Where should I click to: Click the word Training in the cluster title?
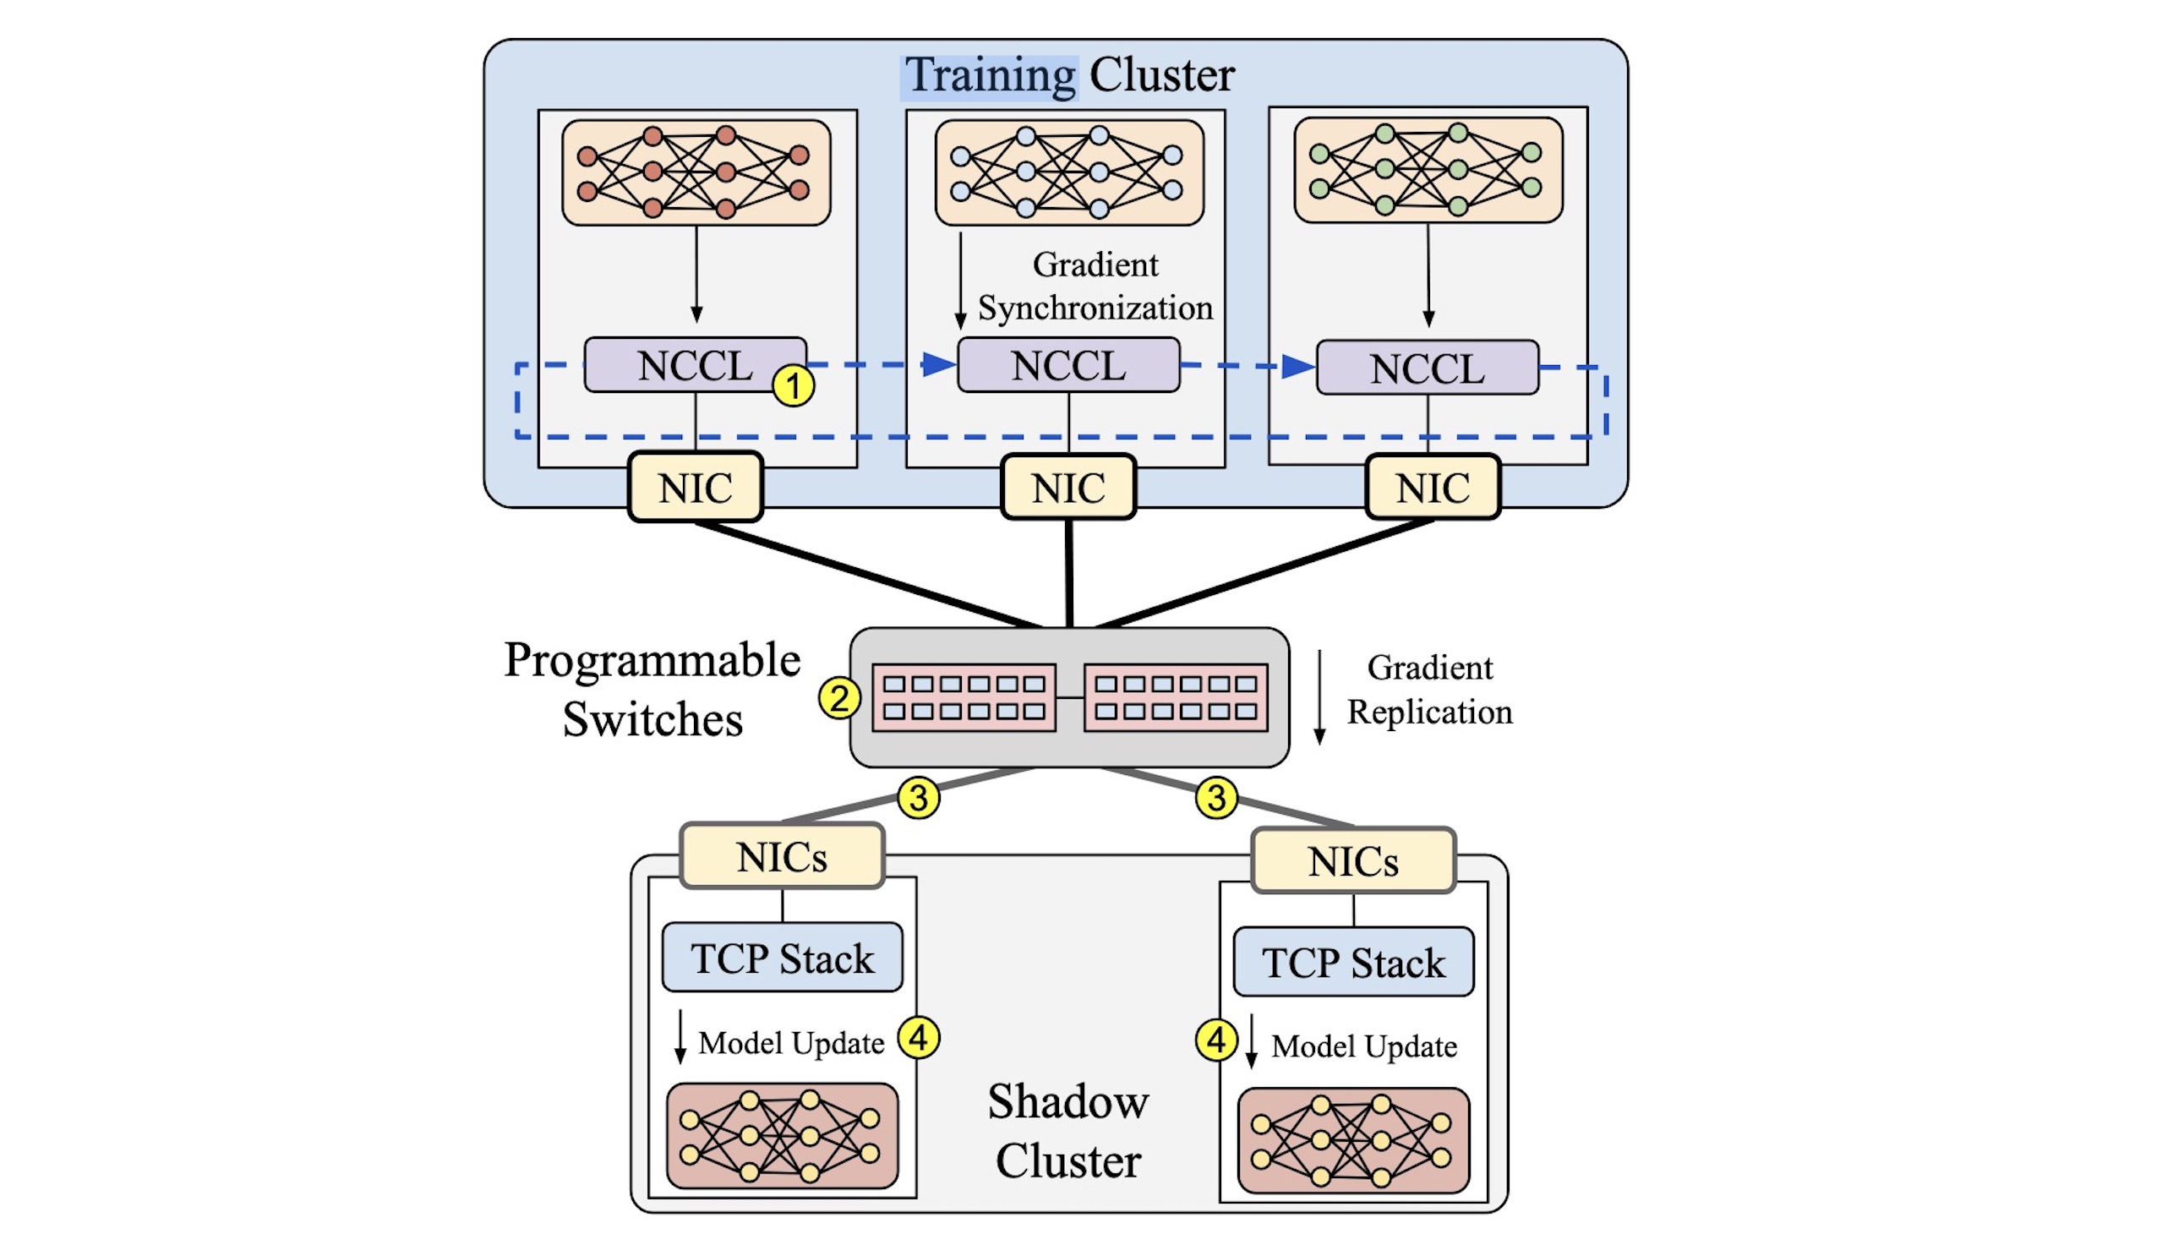coord(990,74)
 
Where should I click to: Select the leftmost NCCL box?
coord(695,365)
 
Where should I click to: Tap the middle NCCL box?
coord(1068,365)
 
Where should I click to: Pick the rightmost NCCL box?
coord(1428,368)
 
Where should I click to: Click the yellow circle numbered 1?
coord(794,386)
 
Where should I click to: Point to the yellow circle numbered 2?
coord(839,698)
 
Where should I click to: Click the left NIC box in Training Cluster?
coord(696,487)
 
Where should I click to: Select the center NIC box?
coord(1068,487)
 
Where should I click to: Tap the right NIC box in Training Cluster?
coord(1433,487)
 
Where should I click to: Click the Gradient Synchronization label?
coord(1095,286)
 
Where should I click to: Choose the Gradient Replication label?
coord(1430,690)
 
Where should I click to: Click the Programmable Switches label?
coord(652,689)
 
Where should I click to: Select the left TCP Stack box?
coord(782,958)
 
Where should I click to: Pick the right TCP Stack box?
coord(1353,962)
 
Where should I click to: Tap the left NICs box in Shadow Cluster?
coord(782,856)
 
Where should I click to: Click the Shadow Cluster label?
coord(1068,1131)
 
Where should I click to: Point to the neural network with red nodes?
coord(696,172)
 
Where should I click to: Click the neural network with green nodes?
coord(1428,170)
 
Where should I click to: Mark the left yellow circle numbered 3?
coord(919,798)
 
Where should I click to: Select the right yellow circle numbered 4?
coord(1216,1040)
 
